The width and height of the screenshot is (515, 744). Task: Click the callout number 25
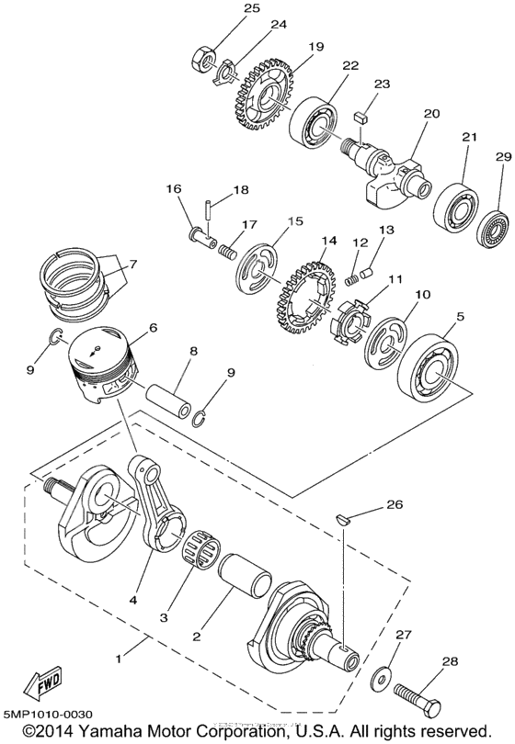point(225,8)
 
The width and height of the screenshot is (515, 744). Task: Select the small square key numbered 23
point(361,118)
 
